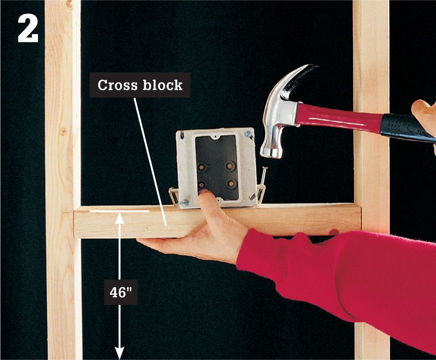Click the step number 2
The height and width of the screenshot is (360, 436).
(28, 28)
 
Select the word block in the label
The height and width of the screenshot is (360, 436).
(163, 85)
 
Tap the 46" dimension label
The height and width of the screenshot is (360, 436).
(121, 292)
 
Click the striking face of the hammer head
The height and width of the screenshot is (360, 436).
(272, 152)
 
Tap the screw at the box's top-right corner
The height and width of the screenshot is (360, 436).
(249, 135)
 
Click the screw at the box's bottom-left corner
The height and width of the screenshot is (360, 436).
(184, 203)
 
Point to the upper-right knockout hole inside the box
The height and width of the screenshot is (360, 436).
(230, 166)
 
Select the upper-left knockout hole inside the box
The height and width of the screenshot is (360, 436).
(202, 168)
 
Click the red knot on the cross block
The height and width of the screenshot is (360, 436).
(334, 232)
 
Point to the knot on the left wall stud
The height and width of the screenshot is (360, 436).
(63, 131)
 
